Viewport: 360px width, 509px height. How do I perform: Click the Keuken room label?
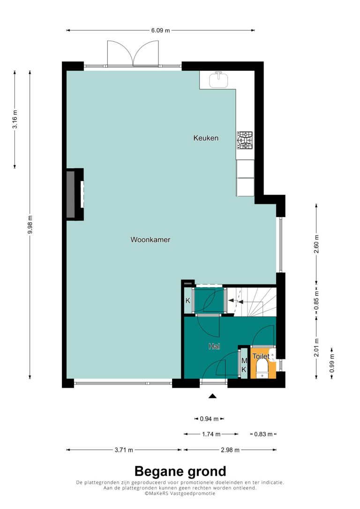206,138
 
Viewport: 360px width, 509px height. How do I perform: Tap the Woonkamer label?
150,240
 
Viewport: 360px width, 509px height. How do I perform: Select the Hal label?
214,346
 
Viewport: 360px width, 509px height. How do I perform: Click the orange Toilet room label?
261,356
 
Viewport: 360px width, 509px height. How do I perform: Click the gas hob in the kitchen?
245,140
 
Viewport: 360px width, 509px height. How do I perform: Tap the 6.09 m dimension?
160,30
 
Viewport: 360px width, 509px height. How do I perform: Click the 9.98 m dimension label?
30,225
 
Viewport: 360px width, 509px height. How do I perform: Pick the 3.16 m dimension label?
15,120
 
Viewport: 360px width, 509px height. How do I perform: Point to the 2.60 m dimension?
316,244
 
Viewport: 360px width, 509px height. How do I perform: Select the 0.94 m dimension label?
209,419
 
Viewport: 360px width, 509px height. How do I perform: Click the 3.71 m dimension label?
124,450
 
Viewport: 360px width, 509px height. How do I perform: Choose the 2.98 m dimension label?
230,450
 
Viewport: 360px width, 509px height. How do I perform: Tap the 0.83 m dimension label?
263,434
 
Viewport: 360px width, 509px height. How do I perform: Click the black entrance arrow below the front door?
212,396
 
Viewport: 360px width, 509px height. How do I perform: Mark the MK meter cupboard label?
244,365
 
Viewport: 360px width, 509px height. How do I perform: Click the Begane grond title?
180,471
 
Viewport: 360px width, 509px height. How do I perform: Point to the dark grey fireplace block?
71,194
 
